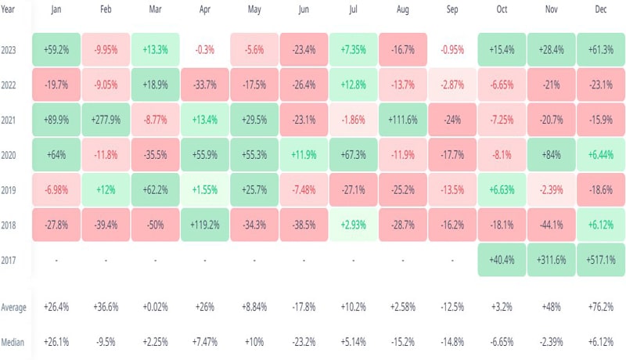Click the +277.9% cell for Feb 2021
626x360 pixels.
pos(106,120)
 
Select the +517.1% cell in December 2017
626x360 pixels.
pos(600,258)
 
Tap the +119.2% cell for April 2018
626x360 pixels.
pos(204,224)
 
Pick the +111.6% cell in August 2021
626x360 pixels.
pos(402,120)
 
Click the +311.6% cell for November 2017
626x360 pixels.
pos(551,258)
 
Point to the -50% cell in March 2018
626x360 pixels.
pos(155,224)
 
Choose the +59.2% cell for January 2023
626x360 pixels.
pos(56,50)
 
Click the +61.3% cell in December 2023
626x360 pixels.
pos(600,50)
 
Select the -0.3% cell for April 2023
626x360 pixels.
pos(204,50)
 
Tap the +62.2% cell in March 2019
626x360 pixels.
pos(155,189)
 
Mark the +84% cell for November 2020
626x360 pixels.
pos(551,155)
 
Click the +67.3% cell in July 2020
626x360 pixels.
pos(353,155)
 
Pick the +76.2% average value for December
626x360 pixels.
pos(600,307)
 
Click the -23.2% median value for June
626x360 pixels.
pos(304,341)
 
